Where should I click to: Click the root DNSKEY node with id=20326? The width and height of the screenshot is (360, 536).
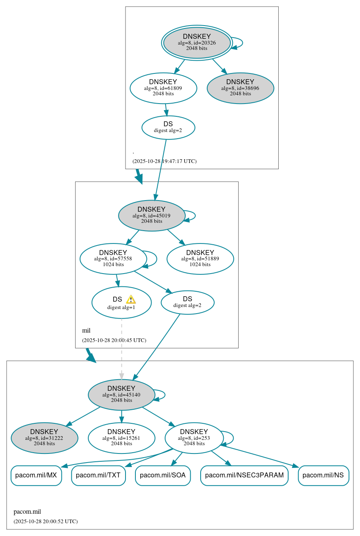tap(197, 43)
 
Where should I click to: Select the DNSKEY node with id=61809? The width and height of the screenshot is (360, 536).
tap(163, 88)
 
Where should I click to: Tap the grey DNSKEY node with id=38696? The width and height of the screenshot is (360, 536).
tap(240, 88)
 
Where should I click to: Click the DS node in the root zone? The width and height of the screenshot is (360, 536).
tap(168, 127)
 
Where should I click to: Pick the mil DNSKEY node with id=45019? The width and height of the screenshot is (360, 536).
tap(152, 215)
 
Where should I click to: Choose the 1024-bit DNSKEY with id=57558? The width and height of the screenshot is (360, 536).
tap(113, 259)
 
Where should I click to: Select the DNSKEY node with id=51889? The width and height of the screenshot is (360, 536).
tap(200, 259)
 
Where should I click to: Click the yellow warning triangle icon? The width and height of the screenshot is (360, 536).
tap(131, 300)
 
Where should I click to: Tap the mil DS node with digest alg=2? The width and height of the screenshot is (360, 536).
tap(187, 302)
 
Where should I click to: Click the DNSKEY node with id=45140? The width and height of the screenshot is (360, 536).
tap(121, 394)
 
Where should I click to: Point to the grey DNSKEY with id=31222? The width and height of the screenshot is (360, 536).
tap(44, 438)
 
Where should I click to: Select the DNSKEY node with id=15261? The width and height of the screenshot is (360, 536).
tap(121, 438)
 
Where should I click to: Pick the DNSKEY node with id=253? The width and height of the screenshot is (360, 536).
tap(194, 438)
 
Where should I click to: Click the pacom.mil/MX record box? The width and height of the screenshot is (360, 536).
tap(36, 475)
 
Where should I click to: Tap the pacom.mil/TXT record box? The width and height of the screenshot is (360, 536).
tap(98, 475)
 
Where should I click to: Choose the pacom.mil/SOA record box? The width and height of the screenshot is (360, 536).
tap(163, 475)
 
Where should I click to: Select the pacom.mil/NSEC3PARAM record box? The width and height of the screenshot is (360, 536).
tap(244, 475)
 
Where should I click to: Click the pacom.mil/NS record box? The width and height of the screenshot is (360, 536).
tap(323, 475)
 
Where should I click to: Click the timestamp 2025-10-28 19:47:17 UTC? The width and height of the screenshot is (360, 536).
tap(164, 161)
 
